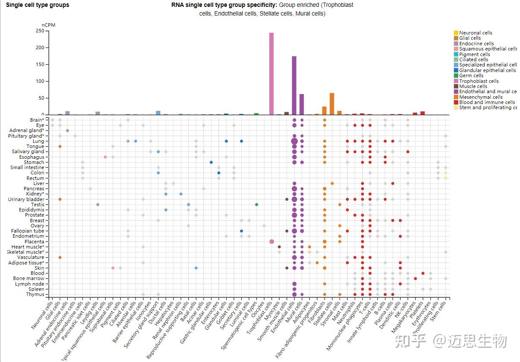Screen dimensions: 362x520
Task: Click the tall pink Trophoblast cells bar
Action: coord(271,73)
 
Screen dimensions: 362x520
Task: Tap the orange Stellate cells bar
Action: coord(332,104)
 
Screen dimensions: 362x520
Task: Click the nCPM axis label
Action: coord(48,25)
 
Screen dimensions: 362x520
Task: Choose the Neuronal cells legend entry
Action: coord(475,33)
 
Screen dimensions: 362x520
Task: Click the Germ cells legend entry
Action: coord(471,76)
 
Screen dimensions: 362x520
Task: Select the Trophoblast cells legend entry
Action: coord(478,81)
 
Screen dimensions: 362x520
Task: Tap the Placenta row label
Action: coord(34,242)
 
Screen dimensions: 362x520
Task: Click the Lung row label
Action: coord(38,141)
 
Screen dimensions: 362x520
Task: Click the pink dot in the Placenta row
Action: coord(271,242)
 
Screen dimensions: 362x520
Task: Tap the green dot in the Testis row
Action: coord(256,205)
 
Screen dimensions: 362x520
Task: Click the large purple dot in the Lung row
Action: coord(294,141)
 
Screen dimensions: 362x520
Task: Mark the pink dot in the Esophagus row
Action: coord(105,157)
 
